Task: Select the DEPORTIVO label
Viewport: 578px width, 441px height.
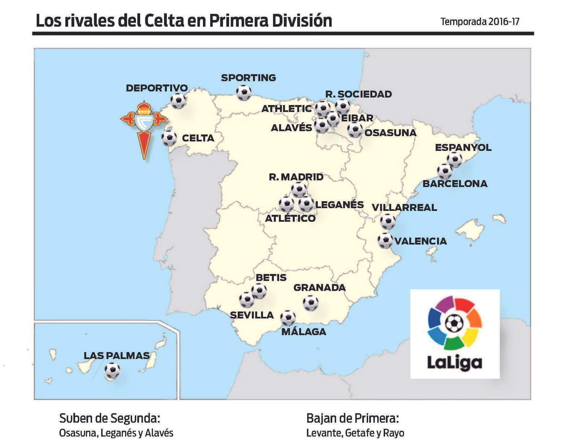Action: tap(157, 88)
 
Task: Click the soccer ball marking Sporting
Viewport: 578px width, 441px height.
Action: tap(244, 92)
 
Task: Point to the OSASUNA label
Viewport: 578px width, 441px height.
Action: tap(390, 133)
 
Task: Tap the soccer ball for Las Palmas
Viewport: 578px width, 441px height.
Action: tap(112, 370)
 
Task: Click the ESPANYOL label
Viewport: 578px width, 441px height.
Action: tap(463, 147)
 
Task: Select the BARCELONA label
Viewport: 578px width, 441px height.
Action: tap(455, 183)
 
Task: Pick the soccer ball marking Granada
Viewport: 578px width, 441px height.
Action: tap(311, 303)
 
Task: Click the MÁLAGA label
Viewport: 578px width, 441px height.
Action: tap(303, 332)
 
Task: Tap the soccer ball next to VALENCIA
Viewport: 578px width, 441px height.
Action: tap(385, 240)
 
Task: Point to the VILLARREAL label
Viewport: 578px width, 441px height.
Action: tap(404, 207)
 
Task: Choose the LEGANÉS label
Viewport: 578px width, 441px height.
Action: tap(339, 204)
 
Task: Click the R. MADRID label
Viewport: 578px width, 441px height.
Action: tap(296, 177)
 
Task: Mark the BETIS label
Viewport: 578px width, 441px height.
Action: tap(271, 277)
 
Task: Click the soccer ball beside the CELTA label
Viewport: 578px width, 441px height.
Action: tap(169, 138)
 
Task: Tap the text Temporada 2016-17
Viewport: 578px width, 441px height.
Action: tap(480, 22)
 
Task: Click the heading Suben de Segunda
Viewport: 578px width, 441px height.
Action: tap(109, 418)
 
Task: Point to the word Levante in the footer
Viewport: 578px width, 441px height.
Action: tap(323, 433)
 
